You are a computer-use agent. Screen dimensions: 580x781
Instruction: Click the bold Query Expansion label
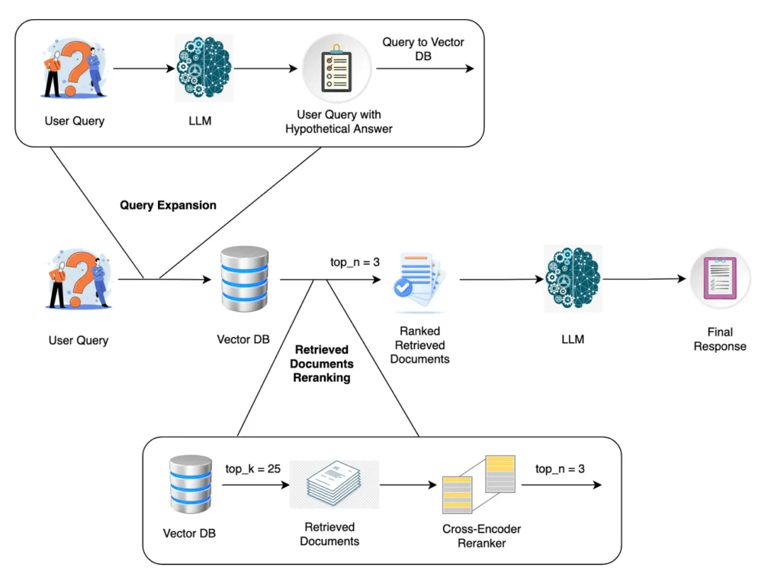pyautogui.click(x=168, y=205)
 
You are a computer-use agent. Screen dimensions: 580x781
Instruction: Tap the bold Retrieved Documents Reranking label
pyautogui.click(x=322, y=364)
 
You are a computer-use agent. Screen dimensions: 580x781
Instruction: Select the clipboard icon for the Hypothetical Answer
pyautogui.click(x=336, y=69)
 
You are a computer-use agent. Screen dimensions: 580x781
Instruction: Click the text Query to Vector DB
pyautogui.click(x=423, y=50)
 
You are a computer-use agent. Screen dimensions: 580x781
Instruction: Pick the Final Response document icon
pyautogui.click(x=720, y=280)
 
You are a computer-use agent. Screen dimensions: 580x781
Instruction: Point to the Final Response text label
pyautogui.click(x=720, y=339)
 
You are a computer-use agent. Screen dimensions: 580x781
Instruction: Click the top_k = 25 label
pyautogui.click(x=253, y=468)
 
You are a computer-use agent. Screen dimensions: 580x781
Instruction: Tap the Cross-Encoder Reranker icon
pyautogui.click(x=479, y=484)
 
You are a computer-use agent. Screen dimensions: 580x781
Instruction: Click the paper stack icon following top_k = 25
pyautogui.click(x=334, y=484)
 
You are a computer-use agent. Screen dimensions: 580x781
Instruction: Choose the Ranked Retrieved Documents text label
pyautogui.click(x=419, y=344)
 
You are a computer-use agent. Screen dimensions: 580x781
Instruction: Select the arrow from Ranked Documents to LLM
pyautogui.click(x=500, y=280)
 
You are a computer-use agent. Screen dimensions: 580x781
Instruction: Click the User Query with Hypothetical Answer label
pyautogui.click(x=338, y=122)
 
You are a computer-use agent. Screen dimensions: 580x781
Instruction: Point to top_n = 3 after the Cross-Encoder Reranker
pyautogui.click(x=560, y=469)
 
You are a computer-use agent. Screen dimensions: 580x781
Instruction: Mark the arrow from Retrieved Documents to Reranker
pyautogui.click(x=404, y=485)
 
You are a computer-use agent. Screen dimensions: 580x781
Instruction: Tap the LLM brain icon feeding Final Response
pyautogui.click(x=572, y=278)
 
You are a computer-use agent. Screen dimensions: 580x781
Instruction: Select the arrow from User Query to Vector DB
pyautogui.click(x=164, y=280)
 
